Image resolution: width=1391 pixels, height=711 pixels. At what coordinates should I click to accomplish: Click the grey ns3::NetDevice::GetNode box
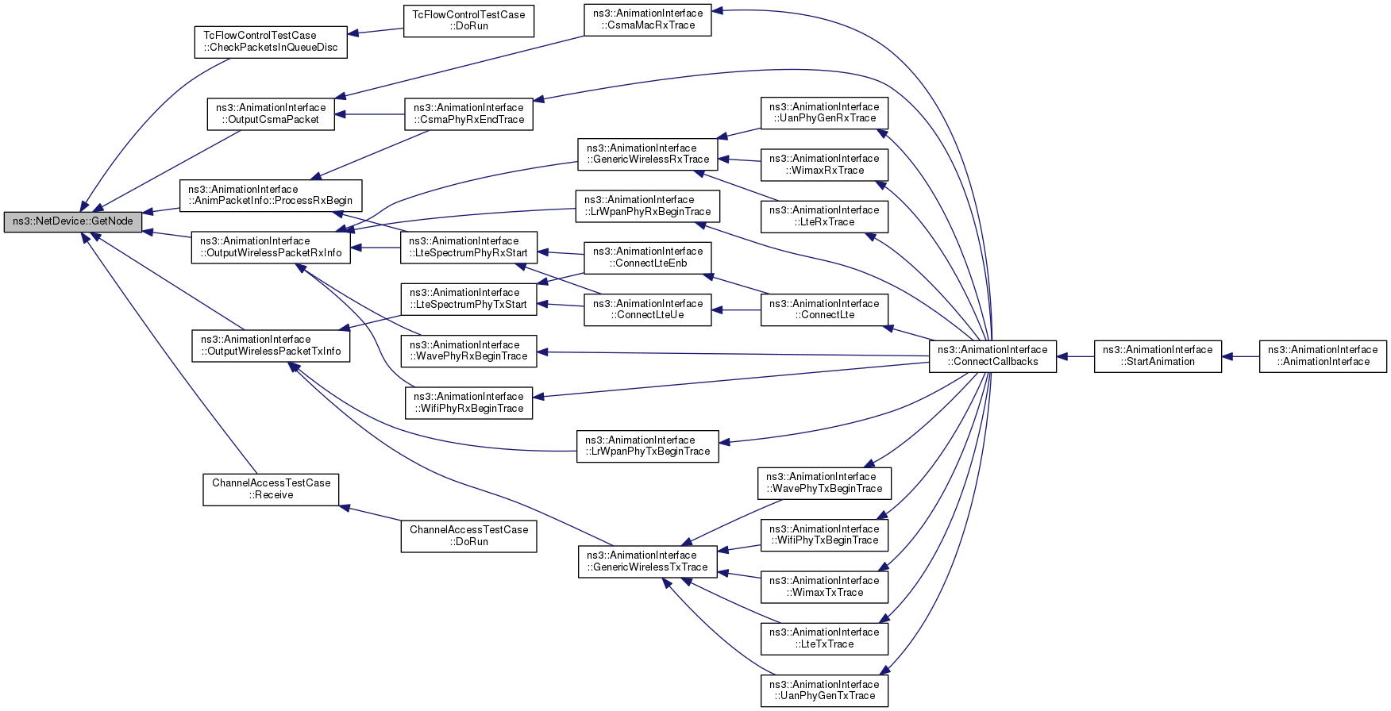coord(73,221)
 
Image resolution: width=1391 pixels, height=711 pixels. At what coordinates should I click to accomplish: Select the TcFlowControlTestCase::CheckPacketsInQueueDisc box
coord(271,41)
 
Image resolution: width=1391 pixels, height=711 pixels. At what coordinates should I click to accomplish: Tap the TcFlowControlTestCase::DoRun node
coord(468,21)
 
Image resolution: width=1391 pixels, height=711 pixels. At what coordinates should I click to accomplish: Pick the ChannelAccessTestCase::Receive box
coord(271,490)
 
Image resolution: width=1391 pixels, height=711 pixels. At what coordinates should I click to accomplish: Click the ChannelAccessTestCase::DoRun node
coord(468,536)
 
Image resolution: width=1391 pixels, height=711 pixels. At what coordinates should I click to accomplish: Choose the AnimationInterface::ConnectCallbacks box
coord(992,356)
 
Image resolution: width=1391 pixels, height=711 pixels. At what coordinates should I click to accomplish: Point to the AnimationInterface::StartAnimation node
coord(1158,356)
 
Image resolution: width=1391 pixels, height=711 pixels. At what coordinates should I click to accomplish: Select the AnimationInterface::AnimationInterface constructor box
coord(1323,356)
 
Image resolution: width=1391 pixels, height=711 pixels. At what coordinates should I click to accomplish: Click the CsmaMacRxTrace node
coord(648,20)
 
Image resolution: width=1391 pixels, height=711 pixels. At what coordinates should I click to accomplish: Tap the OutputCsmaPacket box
coord(271,113)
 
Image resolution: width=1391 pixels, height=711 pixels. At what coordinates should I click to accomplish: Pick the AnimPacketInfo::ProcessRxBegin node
coord(271,195)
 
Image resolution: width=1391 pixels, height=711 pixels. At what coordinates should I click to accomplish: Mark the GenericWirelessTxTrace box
coord(648,561)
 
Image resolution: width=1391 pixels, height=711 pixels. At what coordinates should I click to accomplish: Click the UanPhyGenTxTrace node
coord(824,690)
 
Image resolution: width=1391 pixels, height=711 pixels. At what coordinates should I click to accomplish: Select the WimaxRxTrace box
coord(824,164)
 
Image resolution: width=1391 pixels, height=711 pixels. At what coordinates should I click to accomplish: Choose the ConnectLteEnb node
coord(648,257)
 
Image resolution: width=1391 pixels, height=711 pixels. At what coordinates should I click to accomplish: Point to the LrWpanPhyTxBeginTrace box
coord(648,446)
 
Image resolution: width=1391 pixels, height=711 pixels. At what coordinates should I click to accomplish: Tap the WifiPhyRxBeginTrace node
coord(468,402)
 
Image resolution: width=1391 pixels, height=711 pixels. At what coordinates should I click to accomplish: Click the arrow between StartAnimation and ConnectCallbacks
coord(1075,356)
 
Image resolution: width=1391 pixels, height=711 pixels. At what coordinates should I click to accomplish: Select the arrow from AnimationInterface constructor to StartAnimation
coord(1240,356)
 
